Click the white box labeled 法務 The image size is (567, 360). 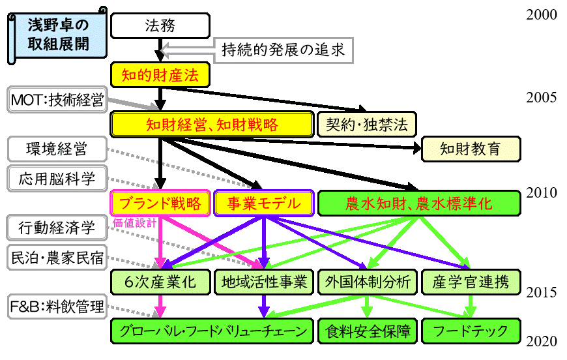click(160, 26)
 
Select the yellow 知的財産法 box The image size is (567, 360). click(160, 75)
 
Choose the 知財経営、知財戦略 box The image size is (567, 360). click(212, 125)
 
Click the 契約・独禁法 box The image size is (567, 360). click(366, 125)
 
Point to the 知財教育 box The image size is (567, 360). click(471, 149)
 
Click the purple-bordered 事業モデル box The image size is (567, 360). click(264, 203)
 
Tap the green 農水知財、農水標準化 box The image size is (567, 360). click(419, 203)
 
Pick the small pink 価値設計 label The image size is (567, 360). click(135, 222)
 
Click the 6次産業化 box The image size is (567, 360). click(160, 282)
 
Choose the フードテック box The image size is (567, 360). click(471, 331)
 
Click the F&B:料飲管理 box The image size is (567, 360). click(57, 307)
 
